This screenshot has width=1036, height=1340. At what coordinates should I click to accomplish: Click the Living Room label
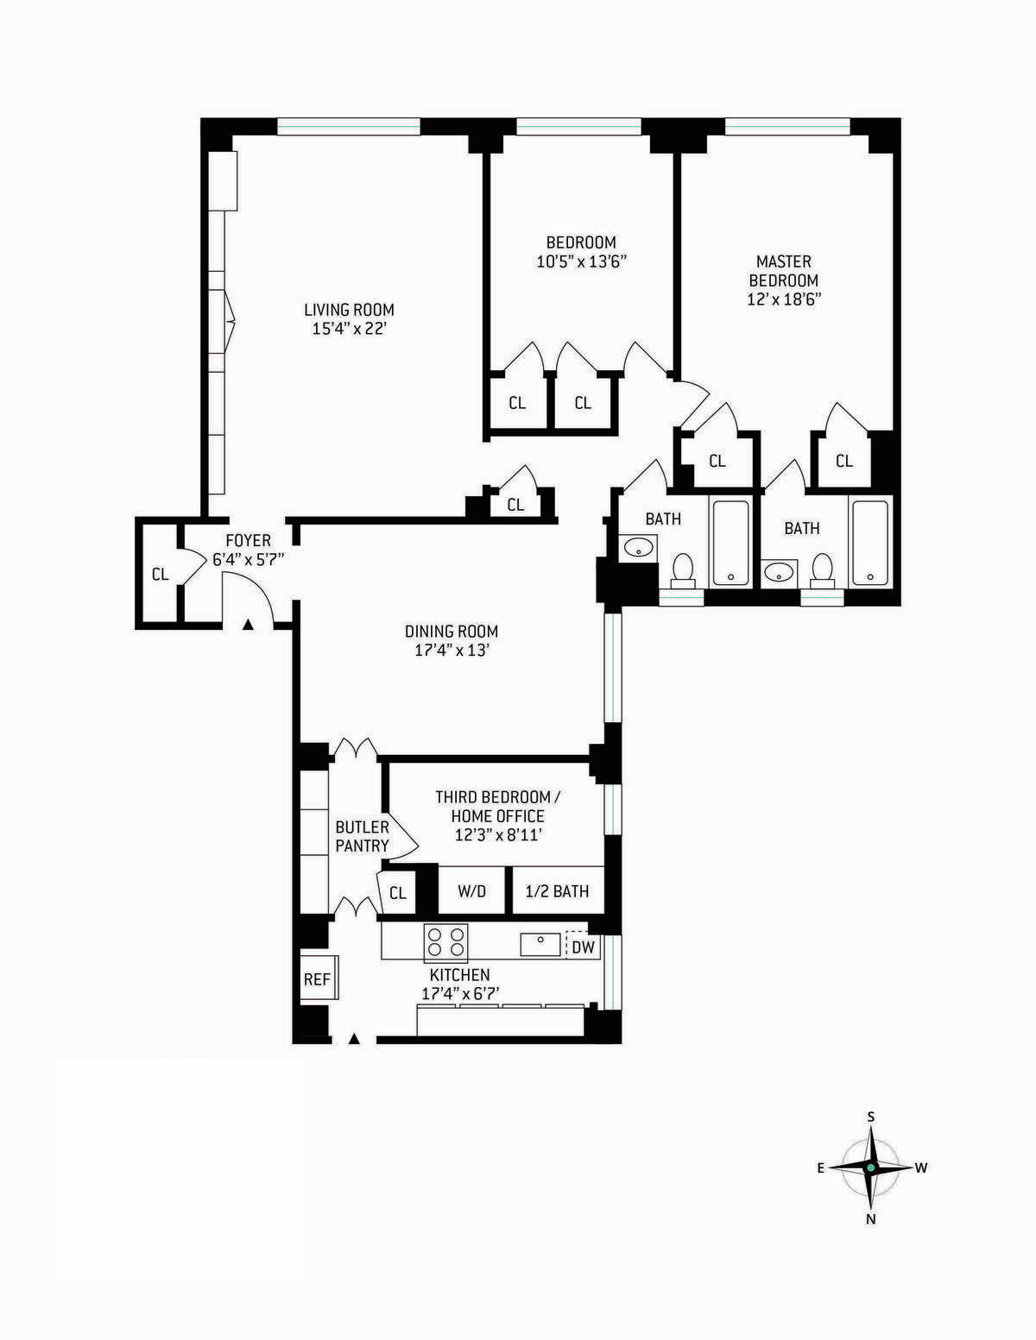[x=349, y=310]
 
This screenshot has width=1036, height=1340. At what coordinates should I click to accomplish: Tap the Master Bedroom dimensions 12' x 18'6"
[x=783, y=300]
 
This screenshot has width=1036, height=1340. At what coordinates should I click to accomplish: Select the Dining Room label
[x=452, y=632]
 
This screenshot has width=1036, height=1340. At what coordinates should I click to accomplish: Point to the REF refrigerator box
[x=317, y=979]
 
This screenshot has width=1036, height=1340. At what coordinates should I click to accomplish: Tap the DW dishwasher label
[x=584, y=947]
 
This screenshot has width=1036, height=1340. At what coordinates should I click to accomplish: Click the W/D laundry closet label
[x=471, y=891]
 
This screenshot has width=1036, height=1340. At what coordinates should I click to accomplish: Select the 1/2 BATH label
[x=557, y=891]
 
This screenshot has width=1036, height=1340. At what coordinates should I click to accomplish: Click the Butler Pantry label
[x=362, y=836]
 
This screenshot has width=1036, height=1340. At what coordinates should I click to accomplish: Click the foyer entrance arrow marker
[x=249, y=624]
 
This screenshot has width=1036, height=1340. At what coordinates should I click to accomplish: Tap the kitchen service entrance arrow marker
[x=353, y=1039]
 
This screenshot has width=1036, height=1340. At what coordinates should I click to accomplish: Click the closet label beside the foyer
[x=160, y=574]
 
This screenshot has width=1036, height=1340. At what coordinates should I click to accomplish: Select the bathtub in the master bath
[x=869, y=543]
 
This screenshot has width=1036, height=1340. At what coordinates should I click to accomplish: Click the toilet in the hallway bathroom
[x=683, y=568]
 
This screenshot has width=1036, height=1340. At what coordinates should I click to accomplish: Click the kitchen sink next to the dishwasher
[x=540, y=944]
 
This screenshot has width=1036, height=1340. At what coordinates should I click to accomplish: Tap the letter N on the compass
[x=870, y=1219]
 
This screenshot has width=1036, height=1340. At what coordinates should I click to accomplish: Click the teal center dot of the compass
[x=870, y=1167]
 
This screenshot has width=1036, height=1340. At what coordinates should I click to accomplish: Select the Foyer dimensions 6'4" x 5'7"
[x=248, y=559]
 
